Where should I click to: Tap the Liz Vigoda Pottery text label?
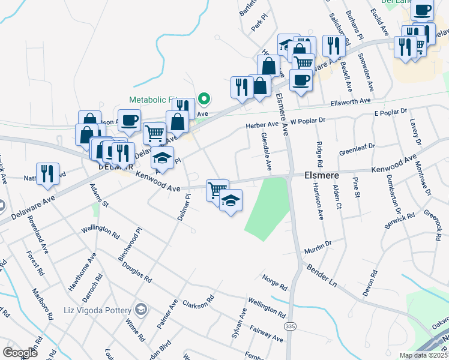coord(97,310)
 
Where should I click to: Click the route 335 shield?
coord(291,326)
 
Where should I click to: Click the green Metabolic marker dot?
coord(204,98)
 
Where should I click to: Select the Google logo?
coord(20,352)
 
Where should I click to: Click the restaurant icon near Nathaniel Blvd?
coord(47,173)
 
